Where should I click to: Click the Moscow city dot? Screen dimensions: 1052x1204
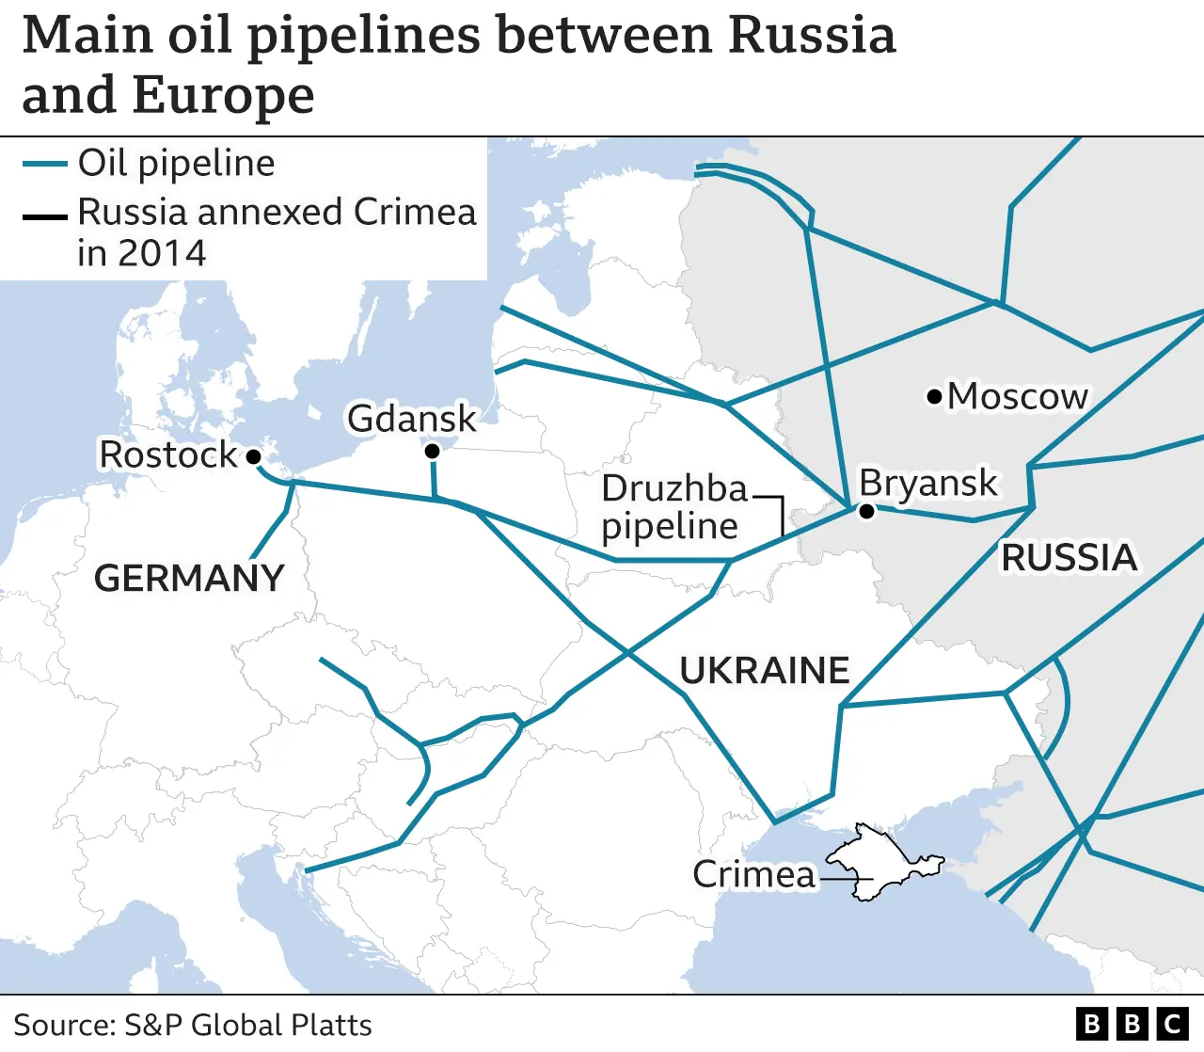tap(934, 397)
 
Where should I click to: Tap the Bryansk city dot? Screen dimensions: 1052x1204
tap(866, 511)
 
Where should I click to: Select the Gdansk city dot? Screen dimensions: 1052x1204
tap(432, 452)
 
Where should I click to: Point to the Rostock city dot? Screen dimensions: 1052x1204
tap(253, 456)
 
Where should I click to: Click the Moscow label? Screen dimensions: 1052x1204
tap(1017, 396)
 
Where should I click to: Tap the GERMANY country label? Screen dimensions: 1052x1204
tap(189, 578)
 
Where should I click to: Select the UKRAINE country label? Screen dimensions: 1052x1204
tap(764, 670)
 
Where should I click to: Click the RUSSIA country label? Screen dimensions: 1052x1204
tap(1069, 557)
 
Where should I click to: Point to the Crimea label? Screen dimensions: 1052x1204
tap(753, 874)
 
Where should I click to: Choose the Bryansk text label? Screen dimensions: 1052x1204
tap(927, 483)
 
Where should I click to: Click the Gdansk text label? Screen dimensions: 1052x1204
tap(412, 418)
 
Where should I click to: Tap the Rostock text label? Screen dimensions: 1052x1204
tap(168, 454)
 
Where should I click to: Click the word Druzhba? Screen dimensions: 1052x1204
tap(673, 488)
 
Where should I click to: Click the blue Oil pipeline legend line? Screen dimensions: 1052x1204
tap(44, 164)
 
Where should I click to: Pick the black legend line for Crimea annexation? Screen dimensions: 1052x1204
tap(44, 217)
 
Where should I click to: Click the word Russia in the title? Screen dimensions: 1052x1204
tap(812, 35)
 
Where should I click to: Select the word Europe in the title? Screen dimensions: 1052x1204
tap(223, 95)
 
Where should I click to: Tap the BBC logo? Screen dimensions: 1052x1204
tap(1132, 1024)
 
